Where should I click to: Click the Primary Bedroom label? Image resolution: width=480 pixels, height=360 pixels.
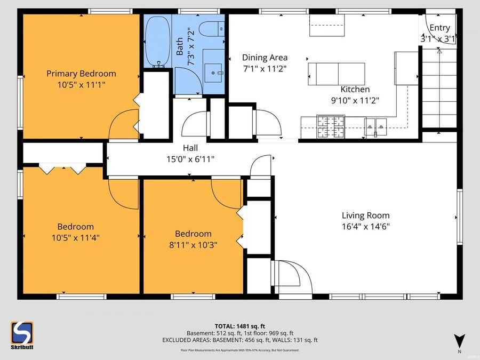tap(81, 74)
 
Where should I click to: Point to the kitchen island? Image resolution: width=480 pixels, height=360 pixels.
tap(337, 73)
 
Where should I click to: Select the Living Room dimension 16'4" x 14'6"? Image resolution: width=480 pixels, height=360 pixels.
tap(365, 226)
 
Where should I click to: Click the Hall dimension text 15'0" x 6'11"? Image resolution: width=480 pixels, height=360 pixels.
tap(191, 158)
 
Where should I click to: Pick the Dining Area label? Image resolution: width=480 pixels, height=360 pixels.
tap(265, 58)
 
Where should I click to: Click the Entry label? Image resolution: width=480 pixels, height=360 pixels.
tap(439, 28)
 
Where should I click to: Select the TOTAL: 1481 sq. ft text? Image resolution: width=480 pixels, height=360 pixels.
tap(239, 325)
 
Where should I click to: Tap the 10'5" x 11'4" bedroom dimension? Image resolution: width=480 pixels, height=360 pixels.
tap(75, 237)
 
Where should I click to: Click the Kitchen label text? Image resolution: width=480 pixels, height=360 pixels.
tap(355, 90)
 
